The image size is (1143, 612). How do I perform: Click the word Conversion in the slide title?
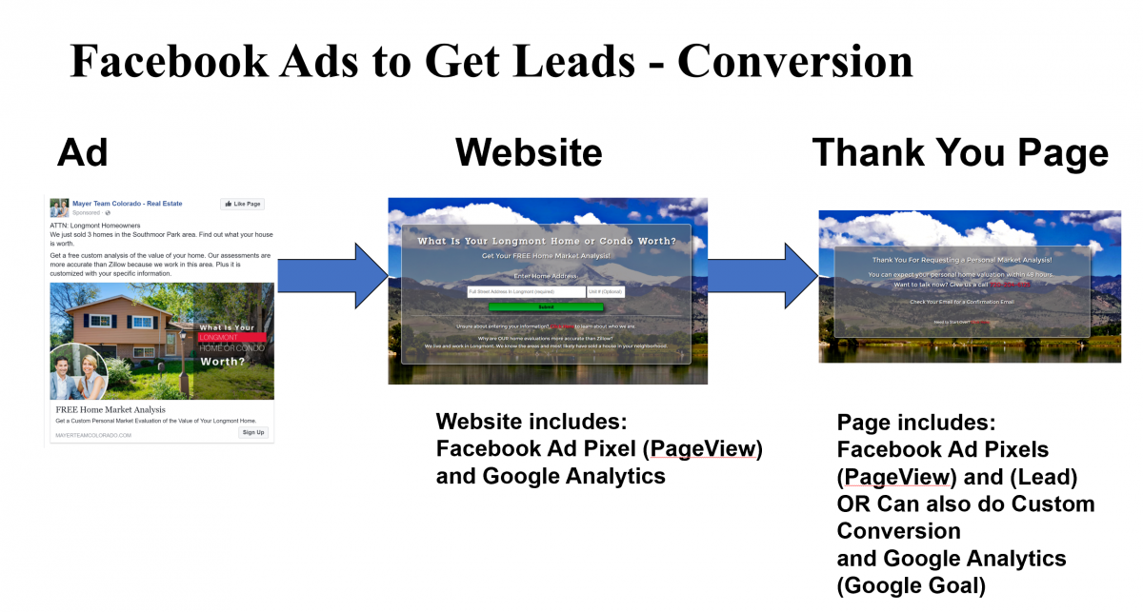tap(794, 61)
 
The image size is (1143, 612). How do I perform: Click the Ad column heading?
tap(83, 152)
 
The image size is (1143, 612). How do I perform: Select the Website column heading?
tap(528, 152)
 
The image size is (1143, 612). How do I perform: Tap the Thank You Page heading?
tap(959, 152)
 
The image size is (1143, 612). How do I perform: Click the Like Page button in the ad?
tap(242, 204)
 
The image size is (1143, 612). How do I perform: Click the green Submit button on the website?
tap(546, 307)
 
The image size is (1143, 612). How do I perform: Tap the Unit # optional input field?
tap(606, 292)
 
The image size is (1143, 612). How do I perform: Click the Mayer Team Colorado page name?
tap(127, 203)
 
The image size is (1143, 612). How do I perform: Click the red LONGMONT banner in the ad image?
tap(230, 337)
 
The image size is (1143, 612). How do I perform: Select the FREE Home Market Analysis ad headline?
tap(110, 410)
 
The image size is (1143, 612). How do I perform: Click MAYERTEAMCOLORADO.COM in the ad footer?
tap(93, 435)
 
